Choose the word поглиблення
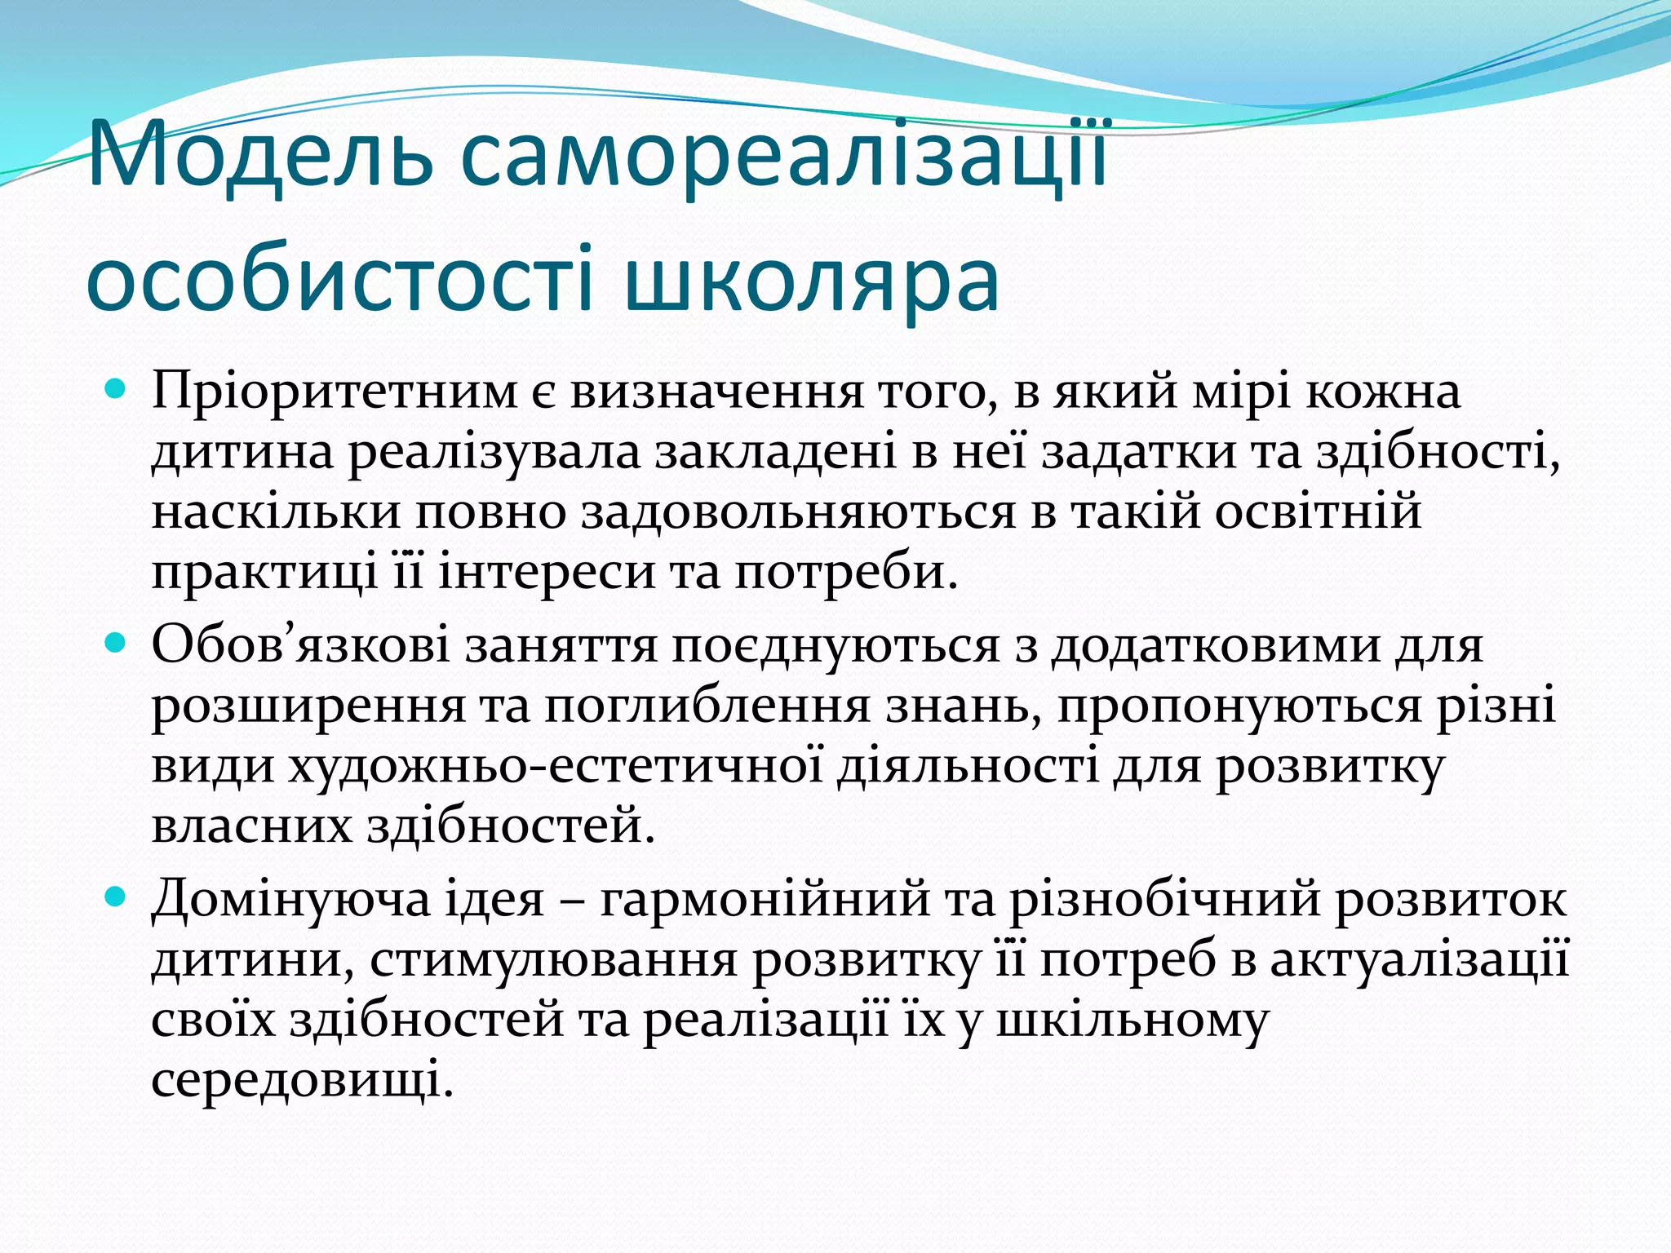coord(707,706)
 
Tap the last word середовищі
coord(301,1080)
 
